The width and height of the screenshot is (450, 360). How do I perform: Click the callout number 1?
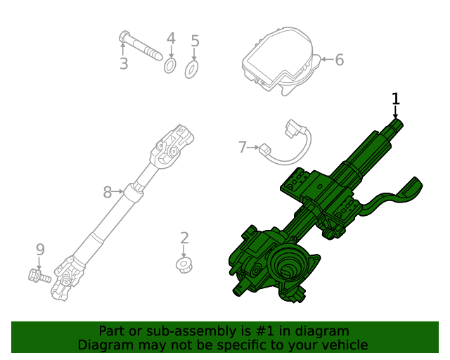396,98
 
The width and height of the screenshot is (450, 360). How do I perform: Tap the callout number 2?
184,238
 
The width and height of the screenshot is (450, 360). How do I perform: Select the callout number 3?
124,64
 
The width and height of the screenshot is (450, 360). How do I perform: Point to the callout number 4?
170,39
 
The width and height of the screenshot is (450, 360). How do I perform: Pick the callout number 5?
195,42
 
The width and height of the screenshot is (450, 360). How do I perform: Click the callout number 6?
339,60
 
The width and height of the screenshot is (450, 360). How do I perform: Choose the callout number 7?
243,148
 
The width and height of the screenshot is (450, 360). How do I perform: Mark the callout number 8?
108,191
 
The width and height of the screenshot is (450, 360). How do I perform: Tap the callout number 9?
40,250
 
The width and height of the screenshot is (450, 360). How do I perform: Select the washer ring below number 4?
170,66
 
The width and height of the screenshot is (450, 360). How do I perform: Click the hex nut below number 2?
184,265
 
